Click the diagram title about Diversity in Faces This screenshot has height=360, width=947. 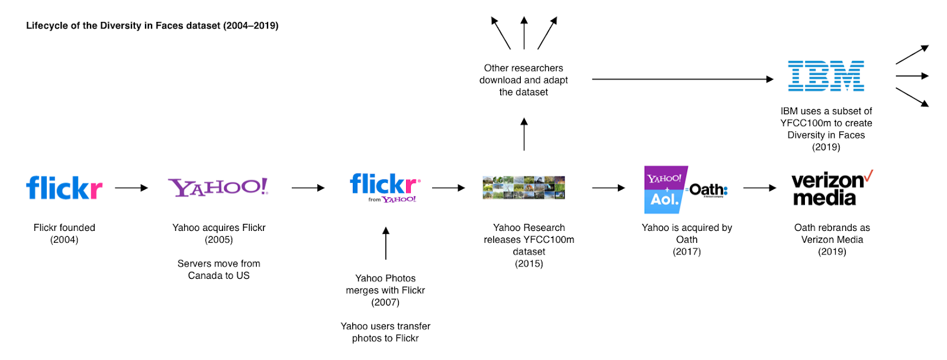tap(152, 25)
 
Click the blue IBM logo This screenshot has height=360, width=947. tap(826, 76)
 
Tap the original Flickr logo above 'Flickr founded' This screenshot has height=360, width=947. tap(64, 188)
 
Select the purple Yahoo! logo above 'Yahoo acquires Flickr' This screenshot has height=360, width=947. tap(218, 187)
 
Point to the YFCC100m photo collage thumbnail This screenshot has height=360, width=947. tap(523, 188)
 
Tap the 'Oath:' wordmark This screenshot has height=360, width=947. tap(708, 190)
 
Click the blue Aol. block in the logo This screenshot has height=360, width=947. tap(663, 200)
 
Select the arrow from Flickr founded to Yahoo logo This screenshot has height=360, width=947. tap(131, 188)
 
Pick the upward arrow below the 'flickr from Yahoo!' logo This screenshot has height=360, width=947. tap(386, 243)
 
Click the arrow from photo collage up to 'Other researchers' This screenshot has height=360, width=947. tap(524, 134)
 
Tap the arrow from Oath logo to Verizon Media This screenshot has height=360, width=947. tap(759, 188)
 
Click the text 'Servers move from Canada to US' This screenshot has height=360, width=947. tap(219, 269)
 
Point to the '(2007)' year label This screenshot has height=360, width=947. tap(385, 302)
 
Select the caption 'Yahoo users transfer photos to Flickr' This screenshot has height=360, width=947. tap(385, 332)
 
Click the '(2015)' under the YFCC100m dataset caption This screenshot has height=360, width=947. tap(529, 263)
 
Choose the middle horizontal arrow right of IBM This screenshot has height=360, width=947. tap(912, 76)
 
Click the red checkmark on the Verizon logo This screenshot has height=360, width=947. tap(868, 175)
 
